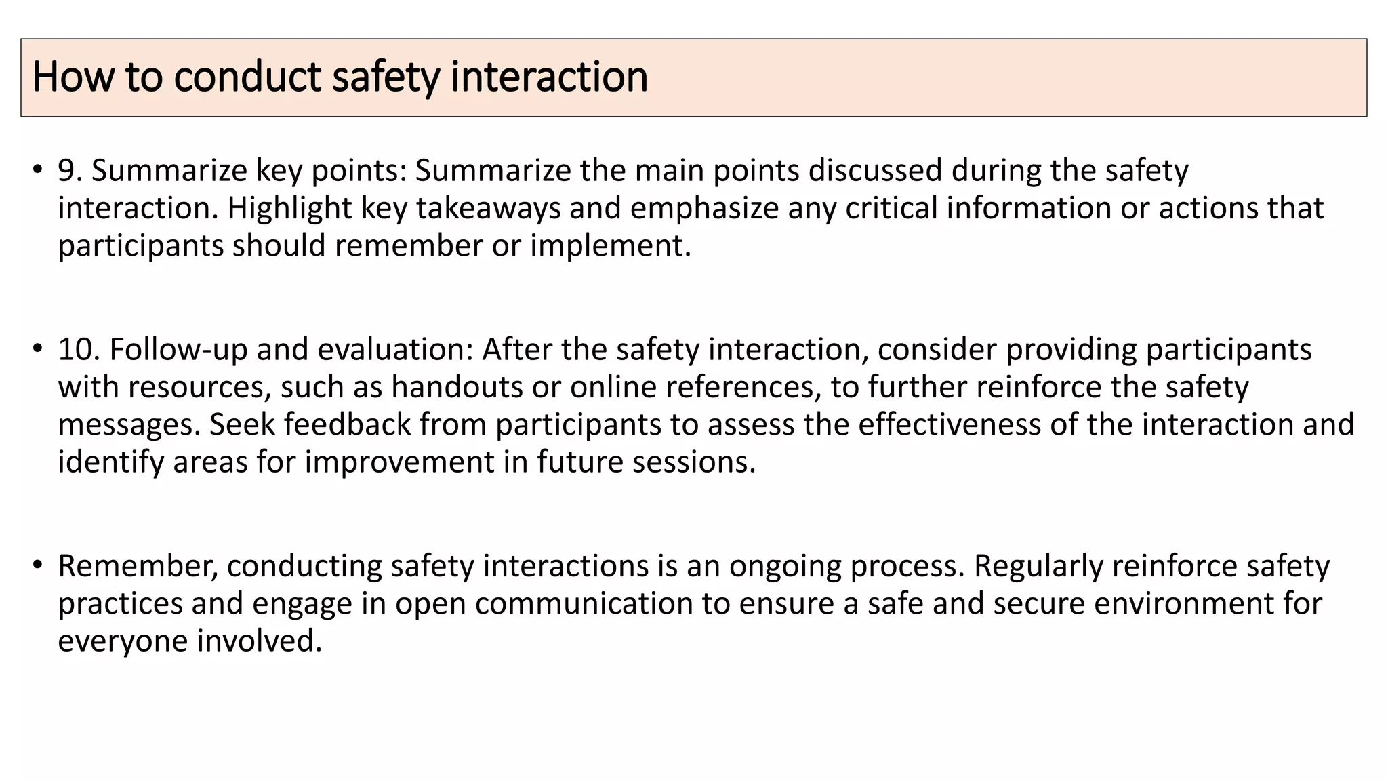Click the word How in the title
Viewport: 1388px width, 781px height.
click(x=73, y=77)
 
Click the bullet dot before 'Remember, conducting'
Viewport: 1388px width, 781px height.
click(x=37, y=564)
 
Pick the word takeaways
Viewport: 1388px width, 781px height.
click(x=488, y=208)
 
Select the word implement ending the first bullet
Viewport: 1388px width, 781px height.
click(x=609, y=245)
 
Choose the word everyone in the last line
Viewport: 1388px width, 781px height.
click(x=123, y=641)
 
